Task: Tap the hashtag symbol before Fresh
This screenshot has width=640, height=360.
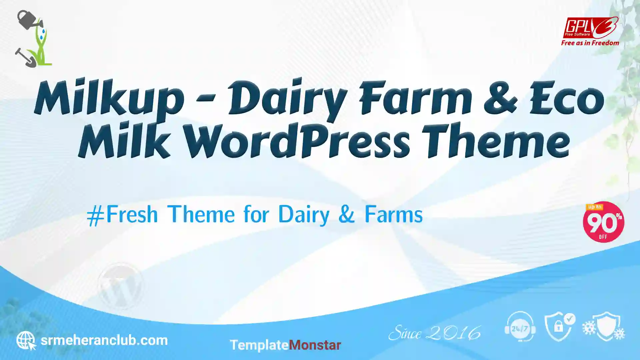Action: click(96, 215)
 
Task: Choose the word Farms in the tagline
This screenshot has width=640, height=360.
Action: click(394, 214)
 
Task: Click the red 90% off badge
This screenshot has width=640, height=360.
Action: click(603, 222)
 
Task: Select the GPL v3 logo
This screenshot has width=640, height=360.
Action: click(590, 27)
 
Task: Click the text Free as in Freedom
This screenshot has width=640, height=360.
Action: click(590, 43)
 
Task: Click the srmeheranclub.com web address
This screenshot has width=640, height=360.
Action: click(104, 340)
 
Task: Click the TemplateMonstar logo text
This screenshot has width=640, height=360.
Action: click(285, 345)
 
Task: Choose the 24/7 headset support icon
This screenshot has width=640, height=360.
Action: click(520, 327)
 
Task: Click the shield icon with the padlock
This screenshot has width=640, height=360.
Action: click(560, 327)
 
